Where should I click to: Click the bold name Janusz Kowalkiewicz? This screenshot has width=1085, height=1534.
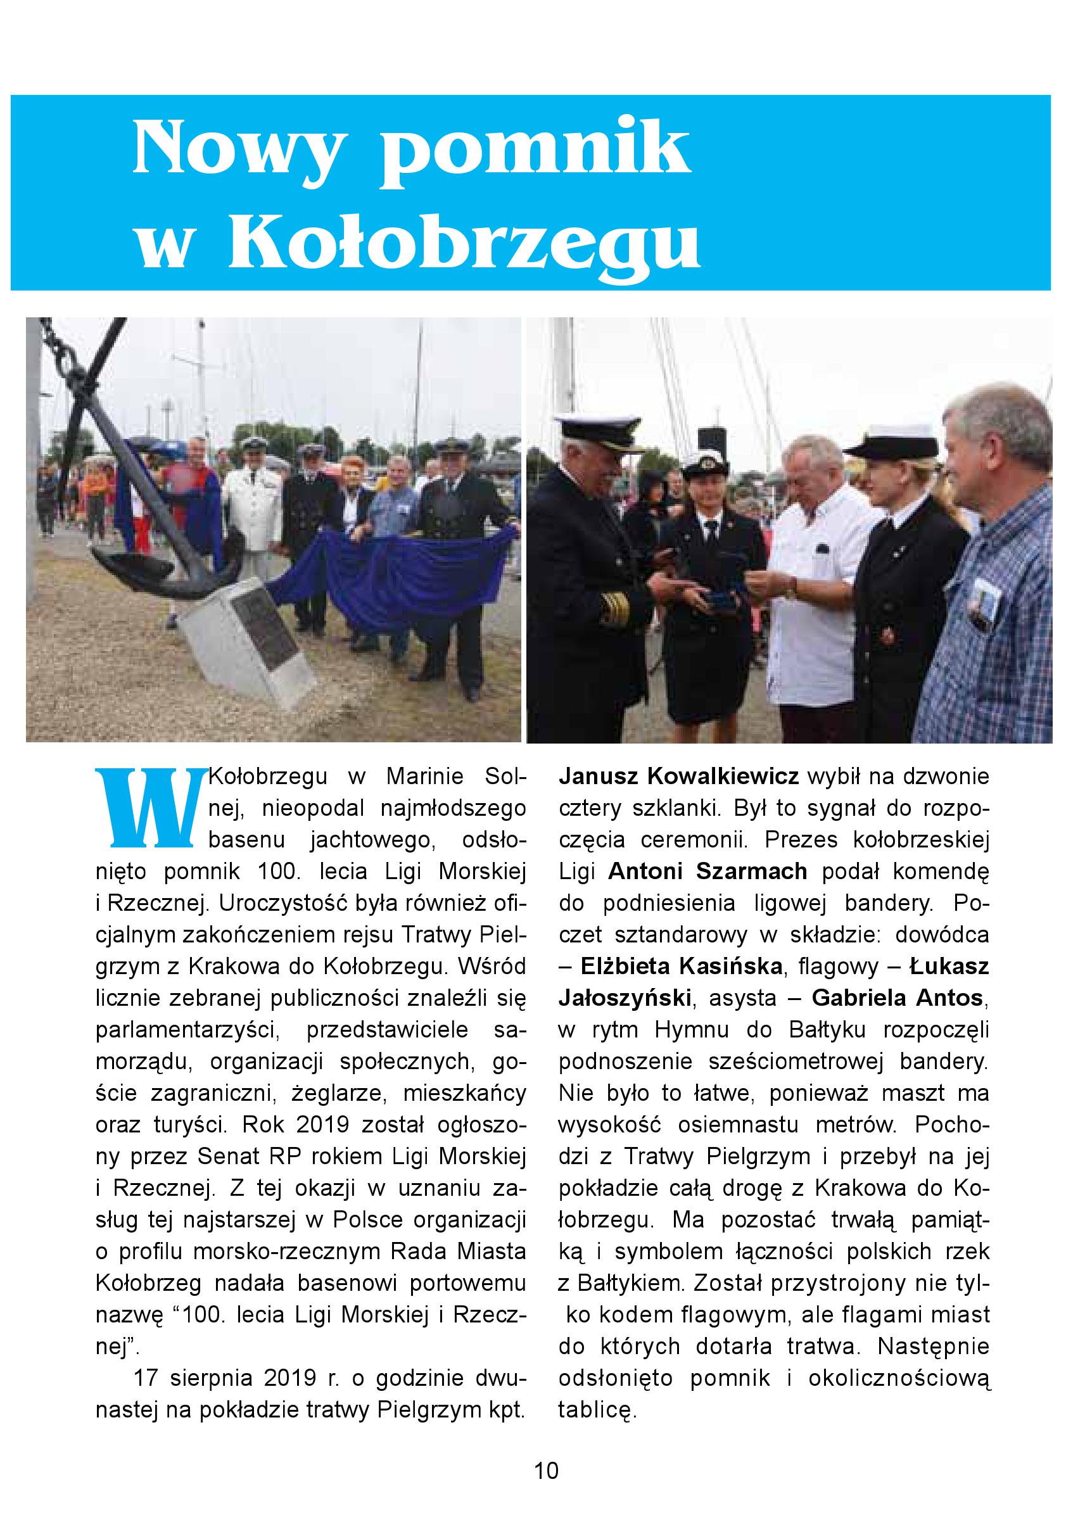pos(679,777)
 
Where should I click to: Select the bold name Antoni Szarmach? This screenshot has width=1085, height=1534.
pos(707,872)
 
